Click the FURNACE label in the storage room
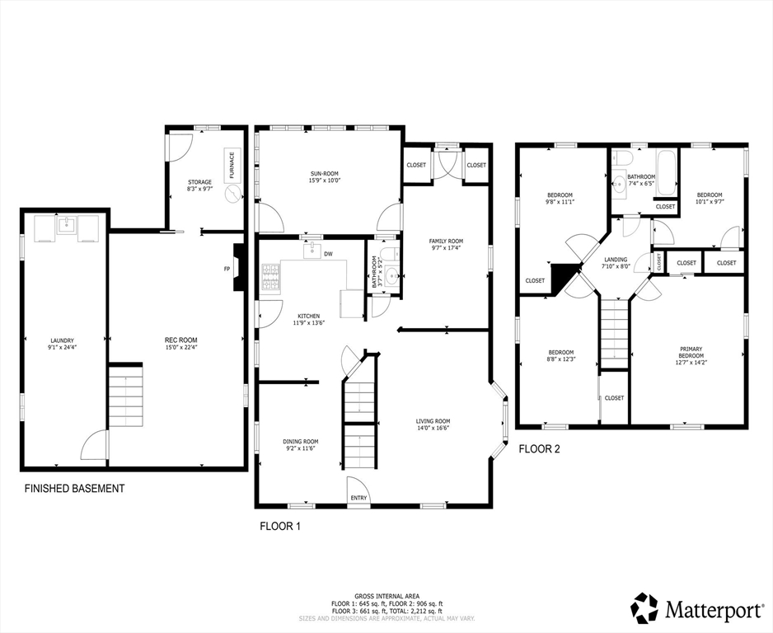(232, 166)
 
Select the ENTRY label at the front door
(359, 498)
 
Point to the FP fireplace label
(227, 269)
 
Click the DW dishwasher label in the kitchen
(328, 254)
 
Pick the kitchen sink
(312, 251)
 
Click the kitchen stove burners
(270, 276)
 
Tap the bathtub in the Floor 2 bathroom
(666, 173)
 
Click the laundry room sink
(66, 226)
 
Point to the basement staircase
(126, 396)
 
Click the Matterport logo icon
(645, 607)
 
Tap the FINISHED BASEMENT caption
(74, 489)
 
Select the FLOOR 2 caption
(539, 449)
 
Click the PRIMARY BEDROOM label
(691, 353)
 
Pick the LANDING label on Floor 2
(616, 260)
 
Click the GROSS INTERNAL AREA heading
(387, 596)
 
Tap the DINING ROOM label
(300, 441)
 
